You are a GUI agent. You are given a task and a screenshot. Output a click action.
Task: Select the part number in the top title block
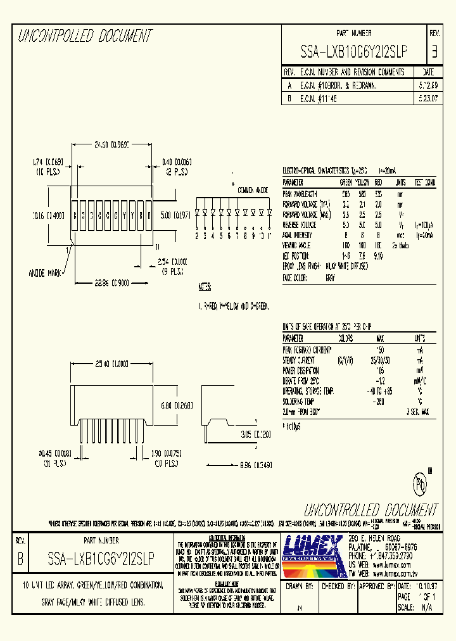353,51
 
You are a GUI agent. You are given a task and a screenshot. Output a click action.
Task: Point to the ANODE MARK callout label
45,274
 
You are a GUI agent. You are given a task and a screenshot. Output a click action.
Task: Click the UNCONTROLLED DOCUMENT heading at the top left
85,36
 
